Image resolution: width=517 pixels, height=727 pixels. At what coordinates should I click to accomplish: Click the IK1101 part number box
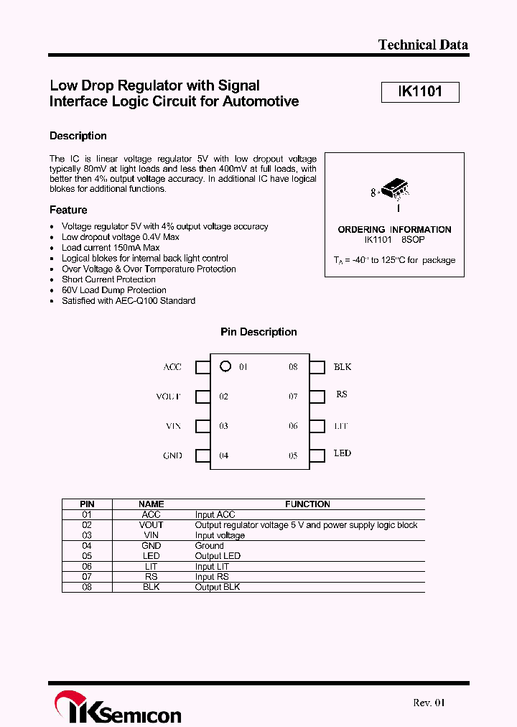pyautogui.click(x=419, y=92)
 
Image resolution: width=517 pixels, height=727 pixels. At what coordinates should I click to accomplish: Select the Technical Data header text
pyautogui.click(x=423, y=45)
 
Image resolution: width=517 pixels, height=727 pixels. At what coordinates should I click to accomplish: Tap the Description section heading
pyautogui.click(x=78, y=136)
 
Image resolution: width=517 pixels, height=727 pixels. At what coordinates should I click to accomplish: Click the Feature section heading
pyautogui.click(x=68, y=210)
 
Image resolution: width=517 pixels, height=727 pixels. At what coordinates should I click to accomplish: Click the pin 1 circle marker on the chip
pyautogui.click(x=225, y=366)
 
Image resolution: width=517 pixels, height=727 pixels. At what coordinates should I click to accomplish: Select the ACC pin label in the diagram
pyautogui.click(x=172, y=367)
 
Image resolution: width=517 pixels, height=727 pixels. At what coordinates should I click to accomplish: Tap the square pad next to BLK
pyautogui.click(x=317, y=367)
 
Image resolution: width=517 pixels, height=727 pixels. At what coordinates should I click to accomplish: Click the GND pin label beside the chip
pyautogui.click(x=172, y=455)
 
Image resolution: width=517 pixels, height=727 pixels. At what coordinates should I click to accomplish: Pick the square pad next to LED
pyautogui.click(x=317, y=455)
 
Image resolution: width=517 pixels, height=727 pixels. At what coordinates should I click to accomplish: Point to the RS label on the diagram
pyautogui.click(x=341, y=395)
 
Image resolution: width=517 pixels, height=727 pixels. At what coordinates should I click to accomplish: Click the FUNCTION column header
pyautogui.click(x=307, y=504)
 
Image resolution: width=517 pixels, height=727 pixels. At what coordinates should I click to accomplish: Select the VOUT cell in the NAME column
pyautogui.click(x=151, y=525)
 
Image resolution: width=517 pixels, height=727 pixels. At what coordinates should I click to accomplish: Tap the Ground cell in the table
pyautogui.click(x=210, y=546)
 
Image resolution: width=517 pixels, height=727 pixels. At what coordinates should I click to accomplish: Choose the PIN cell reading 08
pyautogui.click(x=87, y=587)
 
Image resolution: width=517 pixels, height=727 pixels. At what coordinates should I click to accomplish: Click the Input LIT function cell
pyautogui.click(x=212, y=567)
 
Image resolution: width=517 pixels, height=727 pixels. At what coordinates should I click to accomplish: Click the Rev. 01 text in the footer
pyautogui.click(x=429, y=703)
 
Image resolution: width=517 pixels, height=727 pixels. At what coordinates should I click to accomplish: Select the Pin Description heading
pyautogui.click(x=258, y=332)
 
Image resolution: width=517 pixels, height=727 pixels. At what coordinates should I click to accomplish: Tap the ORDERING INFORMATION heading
pyautogui.click(x=394, y=230)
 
